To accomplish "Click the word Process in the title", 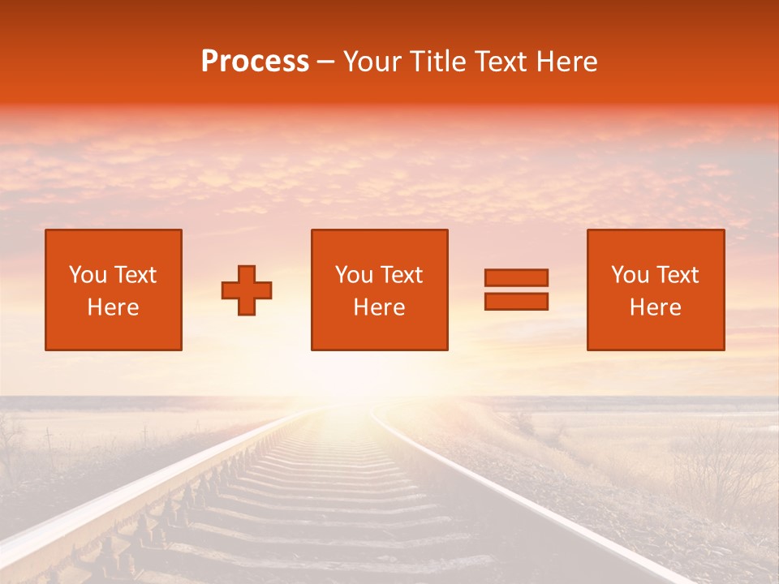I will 255,62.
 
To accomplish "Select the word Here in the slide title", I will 567,62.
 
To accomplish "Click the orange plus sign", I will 247,290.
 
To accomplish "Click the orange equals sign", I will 516,290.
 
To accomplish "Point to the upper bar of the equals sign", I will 516,277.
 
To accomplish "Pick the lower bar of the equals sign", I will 516,302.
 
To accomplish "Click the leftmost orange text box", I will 114,290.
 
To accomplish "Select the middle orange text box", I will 379,290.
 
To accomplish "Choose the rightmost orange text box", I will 655,290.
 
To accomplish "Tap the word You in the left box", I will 87,275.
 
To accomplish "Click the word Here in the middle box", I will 379,307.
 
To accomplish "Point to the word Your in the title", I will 372,62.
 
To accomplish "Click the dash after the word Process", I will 325,62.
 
